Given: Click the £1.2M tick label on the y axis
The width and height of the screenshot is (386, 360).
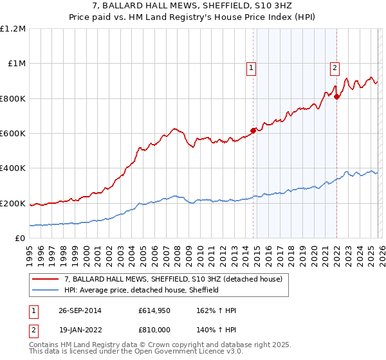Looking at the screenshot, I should click(x=13, y=29).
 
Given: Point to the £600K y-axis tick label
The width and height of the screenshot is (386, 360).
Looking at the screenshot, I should click(x=13, y=134).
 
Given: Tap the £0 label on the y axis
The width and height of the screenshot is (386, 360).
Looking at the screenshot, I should click(x=20, y=239).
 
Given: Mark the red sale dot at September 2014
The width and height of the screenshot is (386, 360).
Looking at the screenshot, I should click(x=253, y=130).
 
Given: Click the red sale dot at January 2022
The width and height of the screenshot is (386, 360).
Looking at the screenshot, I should click(x=336, y=96).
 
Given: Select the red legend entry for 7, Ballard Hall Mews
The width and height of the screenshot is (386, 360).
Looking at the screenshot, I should click(x=173, y=280).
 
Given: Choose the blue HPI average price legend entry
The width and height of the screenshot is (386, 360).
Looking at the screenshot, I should click(x=142, y=290).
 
